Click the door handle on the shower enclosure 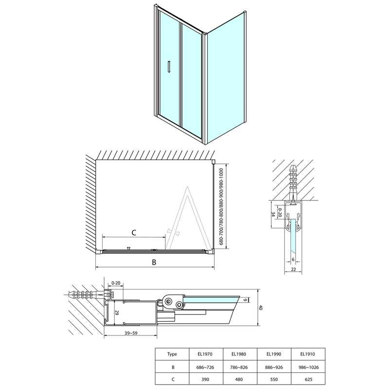click(169, 67)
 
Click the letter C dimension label click(134, 233)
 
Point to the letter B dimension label click(154, 263)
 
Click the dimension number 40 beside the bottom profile click(261, 307)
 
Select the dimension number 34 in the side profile click(273, 214)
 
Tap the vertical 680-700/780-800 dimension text click(221, 207)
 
